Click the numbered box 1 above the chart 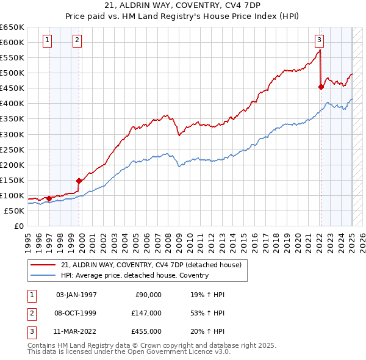(48, 41)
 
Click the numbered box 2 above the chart (77, 41)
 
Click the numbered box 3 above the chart (319, 41)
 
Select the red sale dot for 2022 (321, 87)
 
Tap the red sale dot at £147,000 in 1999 (79, 181)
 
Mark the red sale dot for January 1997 (49, 198)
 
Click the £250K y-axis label (13, 149)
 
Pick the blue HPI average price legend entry (134, 275)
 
